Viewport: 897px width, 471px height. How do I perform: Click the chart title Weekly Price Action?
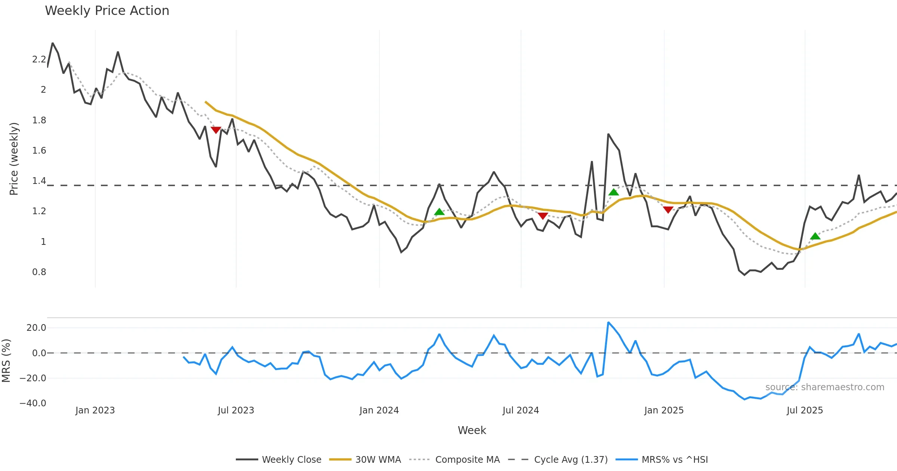[107, 11]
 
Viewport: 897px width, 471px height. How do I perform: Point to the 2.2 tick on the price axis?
[39, 59]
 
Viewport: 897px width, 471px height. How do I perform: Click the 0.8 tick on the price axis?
[39, 272]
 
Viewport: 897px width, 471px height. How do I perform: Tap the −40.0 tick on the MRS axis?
[33, 403]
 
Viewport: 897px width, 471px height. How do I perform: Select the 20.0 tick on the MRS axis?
[36, 328]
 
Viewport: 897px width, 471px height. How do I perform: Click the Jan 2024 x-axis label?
[379, 410]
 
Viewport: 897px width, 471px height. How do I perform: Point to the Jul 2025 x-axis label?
[805, 410]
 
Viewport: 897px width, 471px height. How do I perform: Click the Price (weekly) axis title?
[14, 159]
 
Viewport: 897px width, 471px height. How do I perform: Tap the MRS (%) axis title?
[6, 360]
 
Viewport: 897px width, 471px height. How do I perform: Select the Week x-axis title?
[472, 431]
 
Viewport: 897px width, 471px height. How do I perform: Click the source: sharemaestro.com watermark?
[824, 387]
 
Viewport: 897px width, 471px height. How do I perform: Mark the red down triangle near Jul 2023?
[216, 130]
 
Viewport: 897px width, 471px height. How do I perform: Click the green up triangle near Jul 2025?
[815, 236]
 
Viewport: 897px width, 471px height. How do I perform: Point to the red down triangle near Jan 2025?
[668, 210]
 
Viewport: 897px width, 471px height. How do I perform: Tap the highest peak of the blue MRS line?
[608, 322]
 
